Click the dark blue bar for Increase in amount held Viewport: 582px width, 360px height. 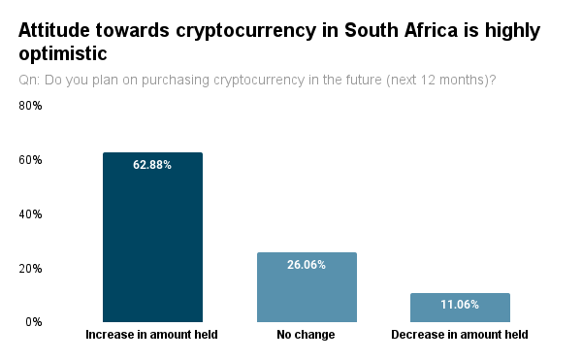[152, 237]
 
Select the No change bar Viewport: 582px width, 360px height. [307, 287]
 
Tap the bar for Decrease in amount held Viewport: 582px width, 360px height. [460, 308]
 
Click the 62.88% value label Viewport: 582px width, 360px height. [152, 165]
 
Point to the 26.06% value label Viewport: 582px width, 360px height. [307, 265]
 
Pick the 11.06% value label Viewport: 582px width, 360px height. [460, 305]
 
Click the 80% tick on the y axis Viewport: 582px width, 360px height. [30, 106]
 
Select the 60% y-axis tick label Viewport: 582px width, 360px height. [30, 160]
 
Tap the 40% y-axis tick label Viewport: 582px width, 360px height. [30, 214]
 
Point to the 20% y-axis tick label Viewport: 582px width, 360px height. [30, 269]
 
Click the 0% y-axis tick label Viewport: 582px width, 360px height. [34, 322]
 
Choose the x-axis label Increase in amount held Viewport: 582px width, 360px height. [152, 335]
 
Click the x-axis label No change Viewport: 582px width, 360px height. [306, 335]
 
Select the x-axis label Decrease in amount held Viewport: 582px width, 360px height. [460, 335]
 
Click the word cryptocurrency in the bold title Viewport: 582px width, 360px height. [246, 31]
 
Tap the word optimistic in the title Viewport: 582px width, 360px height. [63, 53]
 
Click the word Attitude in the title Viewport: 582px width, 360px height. [54, 30]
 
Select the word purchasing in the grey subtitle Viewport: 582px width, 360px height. [176, 81]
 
